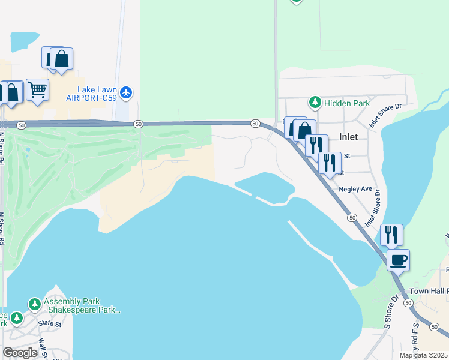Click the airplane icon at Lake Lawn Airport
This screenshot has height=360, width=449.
[125, 92]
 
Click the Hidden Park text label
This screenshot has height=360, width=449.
[347, 103]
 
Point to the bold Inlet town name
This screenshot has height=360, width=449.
[348, 137]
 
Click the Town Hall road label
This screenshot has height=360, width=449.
[429, 291]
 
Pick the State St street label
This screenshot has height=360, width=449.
[50, 323]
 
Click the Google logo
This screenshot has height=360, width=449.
[20, 353]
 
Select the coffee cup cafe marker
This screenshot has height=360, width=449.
[398, 261]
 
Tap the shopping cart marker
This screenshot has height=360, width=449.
[37, 90]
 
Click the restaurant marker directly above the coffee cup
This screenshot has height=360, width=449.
[391, 235]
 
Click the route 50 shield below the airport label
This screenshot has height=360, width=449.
[139, 124]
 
